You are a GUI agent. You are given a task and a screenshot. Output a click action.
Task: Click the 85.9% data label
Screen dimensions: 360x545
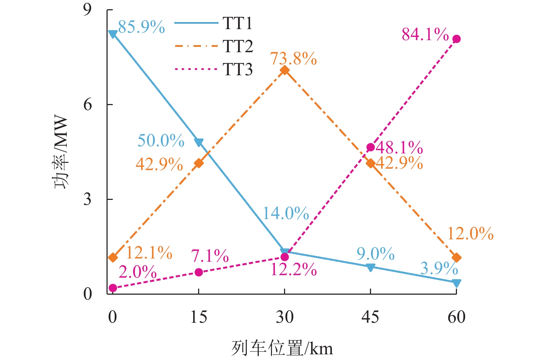point(141,27)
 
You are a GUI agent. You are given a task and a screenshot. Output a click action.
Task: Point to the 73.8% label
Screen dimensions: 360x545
point(293,59)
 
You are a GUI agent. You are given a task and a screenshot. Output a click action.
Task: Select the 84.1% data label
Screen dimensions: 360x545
point(425,35)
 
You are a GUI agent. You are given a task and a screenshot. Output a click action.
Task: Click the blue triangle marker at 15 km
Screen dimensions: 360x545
point(199,142)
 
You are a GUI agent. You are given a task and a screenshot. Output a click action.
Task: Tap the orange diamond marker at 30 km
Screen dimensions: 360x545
point(284,70)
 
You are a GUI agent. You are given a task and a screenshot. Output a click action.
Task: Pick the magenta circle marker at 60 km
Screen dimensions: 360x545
point(457,39)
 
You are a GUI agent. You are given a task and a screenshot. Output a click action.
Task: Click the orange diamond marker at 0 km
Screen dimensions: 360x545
point(113,257)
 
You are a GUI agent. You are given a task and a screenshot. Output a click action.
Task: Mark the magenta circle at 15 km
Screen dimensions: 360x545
point(199,272)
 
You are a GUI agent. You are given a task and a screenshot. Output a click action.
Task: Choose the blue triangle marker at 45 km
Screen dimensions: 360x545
point(370,267)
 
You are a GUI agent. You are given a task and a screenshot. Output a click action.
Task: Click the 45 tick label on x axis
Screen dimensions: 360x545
point(370,317)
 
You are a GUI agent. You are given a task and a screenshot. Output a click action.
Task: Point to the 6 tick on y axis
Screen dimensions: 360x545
point(87,105)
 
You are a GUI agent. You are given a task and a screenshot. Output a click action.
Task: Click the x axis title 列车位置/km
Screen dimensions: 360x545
point(282,348)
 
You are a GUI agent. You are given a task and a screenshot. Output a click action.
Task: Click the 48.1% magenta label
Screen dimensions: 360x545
point(399,147)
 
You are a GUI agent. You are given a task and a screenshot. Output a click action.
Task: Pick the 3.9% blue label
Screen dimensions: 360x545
point(439,269)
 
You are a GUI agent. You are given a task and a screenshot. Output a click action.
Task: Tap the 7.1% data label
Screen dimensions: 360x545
point(210,256)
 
